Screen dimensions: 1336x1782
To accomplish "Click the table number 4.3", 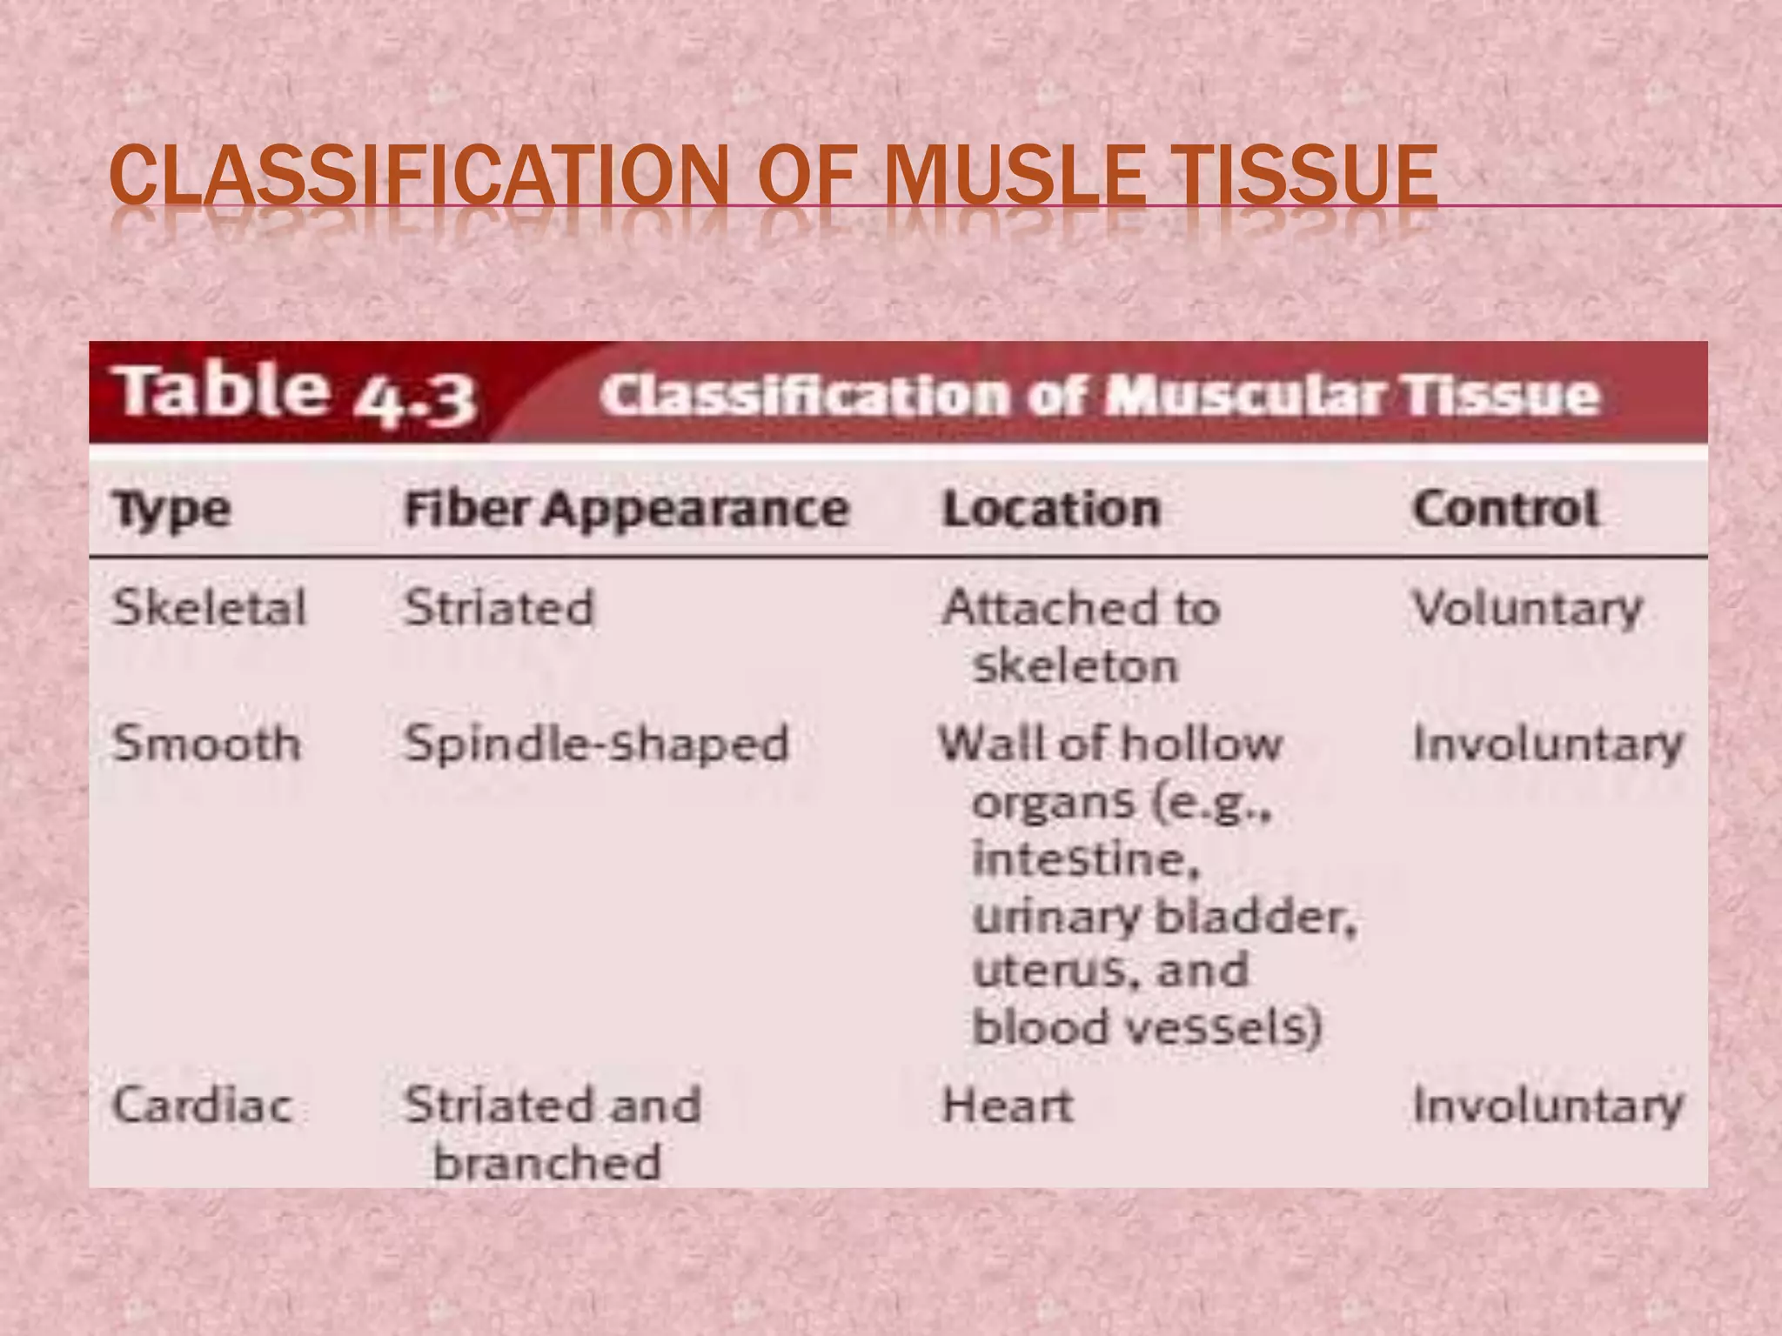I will (x=414, y=398).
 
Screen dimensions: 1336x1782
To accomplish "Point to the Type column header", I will (x=171, y=510).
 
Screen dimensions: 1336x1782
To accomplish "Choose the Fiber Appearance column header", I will (x=626, y=509).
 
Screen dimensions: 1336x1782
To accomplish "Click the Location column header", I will (x=1051, y=509).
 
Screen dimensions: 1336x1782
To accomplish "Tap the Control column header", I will (x=1505, y=508).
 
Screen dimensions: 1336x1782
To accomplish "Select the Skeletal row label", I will (x=209, y=607).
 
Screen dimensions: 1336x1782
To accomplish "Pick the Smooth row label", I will (x=206, y=744).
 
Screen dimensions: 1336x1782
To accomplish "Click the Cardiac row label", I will (x=202, y=1106).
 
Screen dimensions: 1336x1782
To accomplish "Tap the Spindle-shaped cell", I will (x=597, y=745).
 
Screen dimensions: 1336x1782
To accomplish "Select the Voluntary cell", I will (x=1527, y=608).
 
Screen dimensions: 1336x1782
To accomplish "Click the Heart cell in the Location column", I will (x=1007, y=1106).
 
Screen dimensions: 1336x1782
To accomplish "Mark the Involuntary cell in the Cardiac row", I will (x=1547, y=1106).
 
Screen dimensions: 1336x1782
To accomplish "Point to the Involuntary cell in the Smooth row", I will (x=1547, y=745).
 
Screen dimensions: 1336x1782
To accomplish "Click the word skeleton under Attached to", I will (x=1075, y=666).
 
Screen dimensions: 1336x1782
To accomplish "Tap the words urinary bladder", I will (x=1163, y=917).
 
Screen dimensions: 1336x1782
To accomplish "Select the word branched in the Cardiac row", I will (x=547, y=1162).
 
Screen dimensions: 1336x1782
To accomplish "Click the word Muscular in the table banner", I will (x=1243, y=396).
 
